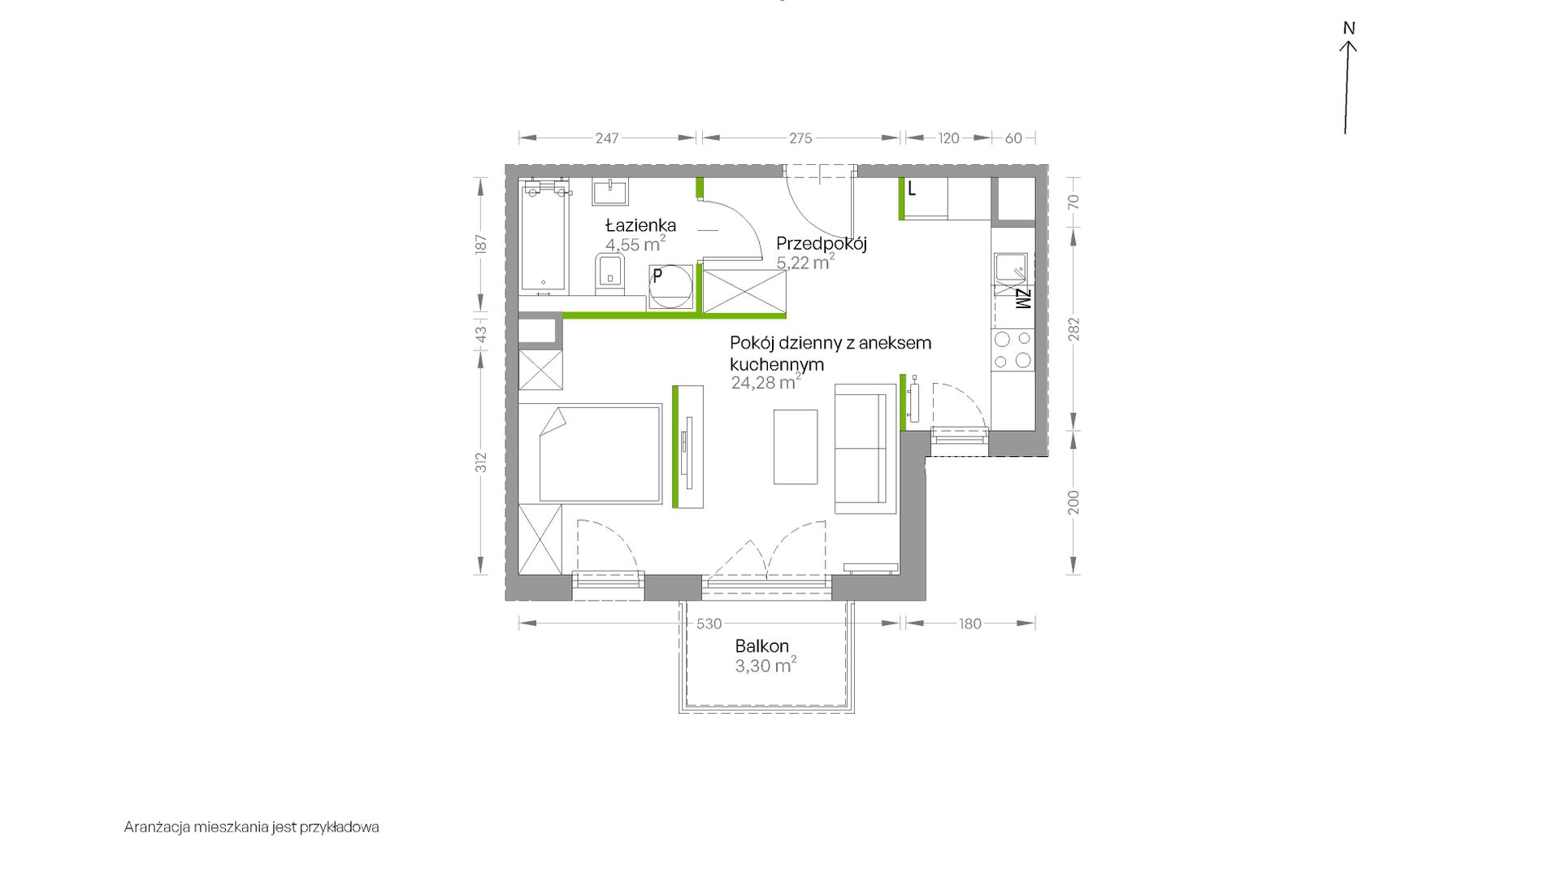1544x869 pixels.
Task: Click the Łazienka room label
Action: pyautogui.click(x=640, y=225)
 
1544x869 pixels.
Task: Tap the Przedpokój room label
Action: pyautogui.click(x=822, y=243)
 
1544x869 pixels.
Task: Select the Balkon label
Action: pyautogui.click(x=761, y=646)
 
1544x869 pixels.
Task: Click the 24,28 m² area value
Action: pyautogui.click(x=765, y=382)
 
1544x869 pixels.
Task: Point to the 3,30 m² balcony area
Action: pyautogui.click(x=765, y=666)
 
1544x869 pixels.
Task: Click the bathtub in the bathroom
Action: pyautogui.click(x=544, y=237)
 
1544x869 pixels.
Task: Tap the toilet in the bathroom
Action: pyautogui.click(x=609, y=274)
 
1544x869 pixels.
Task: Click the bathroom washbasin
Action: pyautogui.click(x=609, y=193)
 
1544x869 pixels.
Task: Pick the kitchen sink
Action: pyautogui.click(x=1010, y=267)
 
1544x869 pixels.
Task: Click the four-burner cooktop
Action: pyautogui.click(x=1013, y=350)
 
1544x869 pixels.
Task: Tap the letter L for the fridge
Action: pyautogui.click(x=912, y=189)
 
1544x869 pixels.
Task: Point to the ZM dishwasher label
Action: pyautogui.click(x=1022, y=299)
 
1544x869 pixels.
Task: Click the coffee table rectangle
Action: pyautogui.click(x=796, y=446)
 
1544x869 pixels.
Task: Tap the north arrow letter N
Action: pyautogui.click(x=1349, y=28)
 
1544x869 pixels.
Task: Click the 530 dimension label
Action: pyautogui.click(x=709, y=624)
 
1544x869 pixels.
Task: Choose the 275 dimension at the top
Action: pyautogui.click(x=800, y=138)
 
